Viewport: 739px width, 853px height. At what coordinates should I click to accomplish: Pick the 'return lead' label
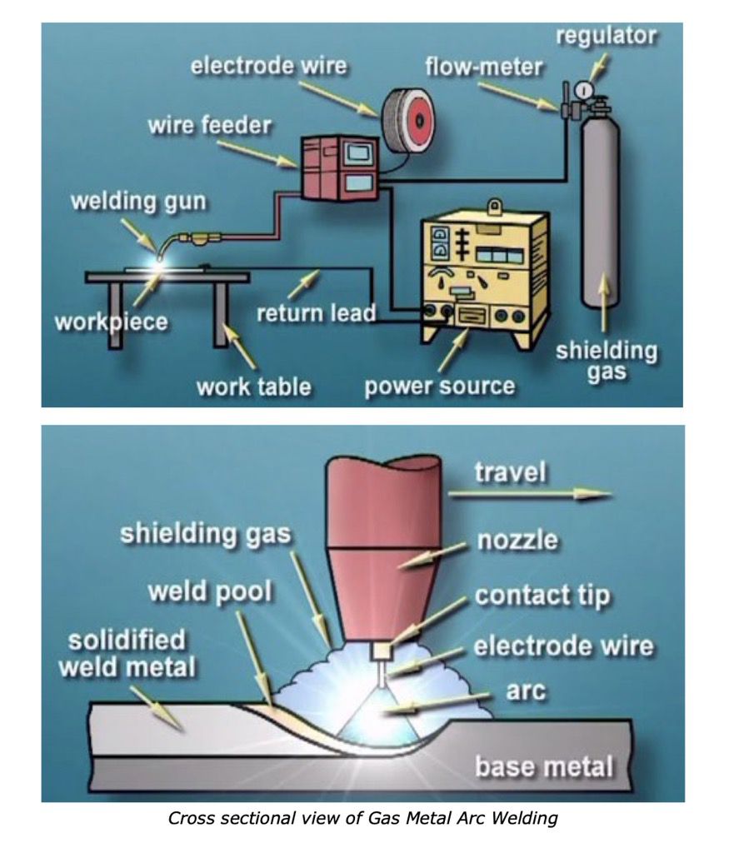[316, 312]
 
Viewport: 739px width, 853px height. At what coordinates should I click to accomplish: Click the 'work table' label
[254, 387]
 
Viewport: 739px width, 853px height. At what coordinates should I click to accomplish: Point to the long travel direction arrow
[530, 493]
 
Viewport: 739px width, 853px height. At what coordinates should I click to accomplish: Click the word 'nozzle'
[517, 540]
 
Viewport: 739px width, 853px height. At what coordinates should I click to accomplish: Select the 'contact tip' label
[542, 596]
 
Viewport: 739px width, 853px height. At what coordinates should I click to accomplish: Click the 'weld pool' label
[209, 592]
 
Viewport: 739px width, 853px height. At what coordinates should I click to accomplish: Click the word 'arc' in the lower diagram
[526, 691]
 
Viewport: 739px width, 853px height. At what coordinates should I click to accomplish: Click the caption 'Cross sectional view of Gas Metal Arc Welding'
[362, 818]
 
